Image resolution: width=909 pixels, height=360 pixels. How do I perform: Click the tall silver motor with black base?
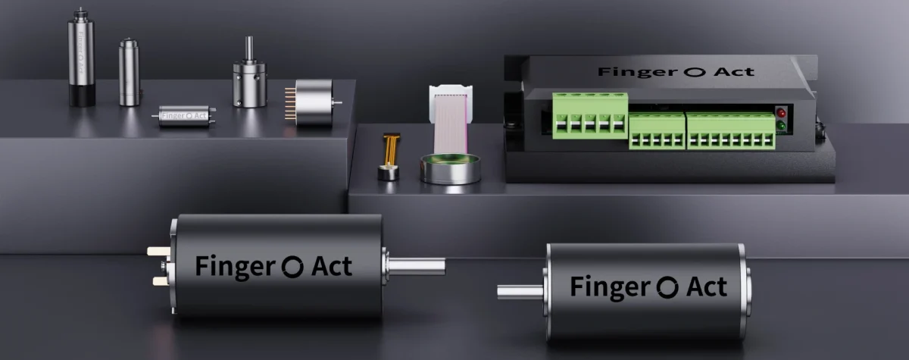click(x=81, y=57)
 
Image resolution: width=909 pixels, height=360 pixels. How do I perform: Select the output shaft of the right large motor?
click(x=521, y=291)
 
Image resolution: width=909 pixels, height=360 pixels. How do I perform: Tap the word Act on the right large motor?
click(x=706, y=287)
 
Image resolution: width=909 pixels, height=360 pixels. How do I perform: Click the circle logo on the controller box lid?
click(x=689, y=72)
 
